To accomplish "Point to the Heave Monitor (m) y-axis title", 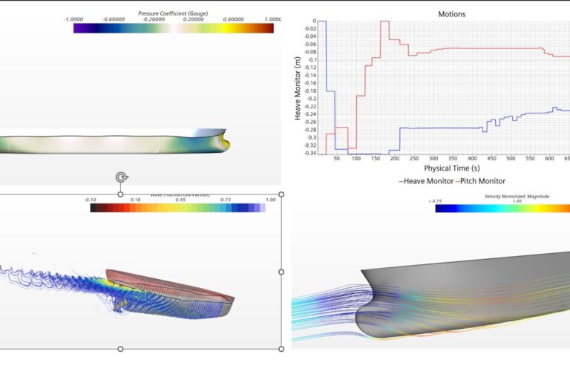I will coord(298,88).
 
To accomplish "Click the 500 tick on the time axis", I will coord(510,159).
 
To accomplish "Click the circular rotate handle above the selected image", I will coord(121,177).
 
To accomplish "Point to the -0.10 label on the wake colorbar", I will coord(91,200).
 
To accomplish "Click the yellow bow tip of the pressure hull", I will coord(228,142).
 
